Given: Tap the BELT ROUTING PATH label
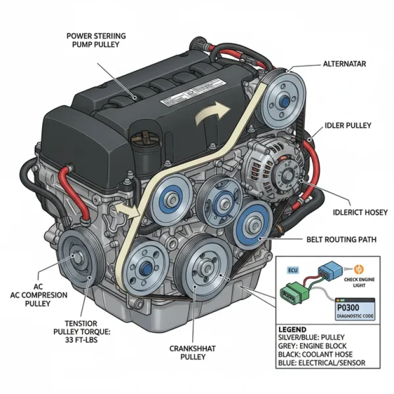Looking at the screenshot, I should point(342,239).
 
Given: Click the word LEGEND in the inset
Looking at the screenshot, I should point(292,329).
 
